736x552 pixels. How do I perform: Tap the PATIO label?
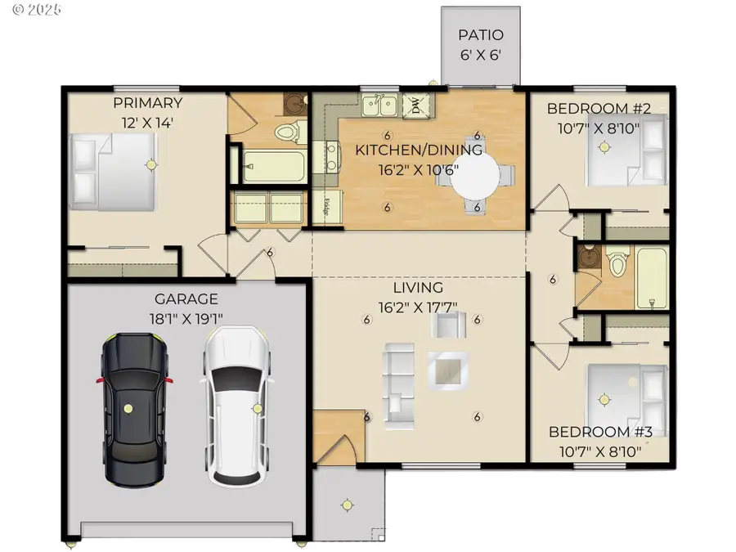pyautogui.click(x=480, y=36)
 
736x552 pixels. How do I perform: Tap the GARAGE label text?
pyautogui.click(x=187, y=299)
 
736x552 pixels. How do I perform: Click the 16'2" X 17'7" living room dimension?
pyautogui.click(x=418, y=307)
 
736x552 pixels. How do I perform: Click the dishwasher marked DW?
pyautogui.click(x=415, y=105)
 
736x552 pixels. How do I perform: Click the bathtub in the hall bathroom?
pyautogui.click(x=653, y=278)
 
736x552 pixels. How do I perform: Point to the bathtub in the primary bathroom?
pyautogui.click(x=274, y=167)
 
